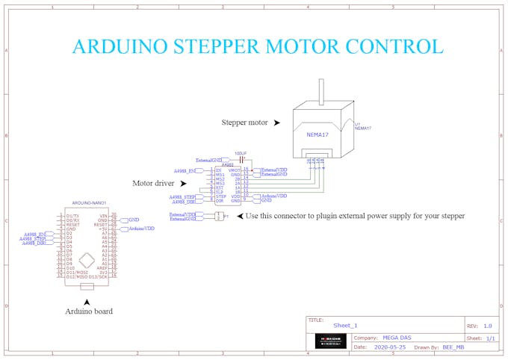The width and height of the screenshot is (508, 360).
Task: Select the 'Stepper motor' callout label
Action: [245, 122]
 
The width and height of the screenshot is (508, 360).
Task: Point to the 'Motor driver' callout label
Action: [154, 182]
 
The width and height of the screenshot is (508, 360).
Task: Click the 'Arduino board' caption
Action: [89, 311]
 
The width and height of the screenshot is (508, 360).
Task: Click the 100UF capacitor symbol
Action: [241, 158]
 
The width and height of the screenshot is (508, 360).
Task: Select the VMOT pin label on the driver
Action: [234, 170]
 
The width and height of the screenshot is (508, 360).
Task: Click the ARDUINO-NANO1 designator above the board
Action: [89, 203]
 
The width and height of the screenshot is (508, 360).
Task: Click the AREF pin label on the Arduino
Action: [105, 268]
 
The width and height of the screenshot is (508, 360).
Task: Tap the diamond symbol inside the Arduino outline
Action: [87, 259]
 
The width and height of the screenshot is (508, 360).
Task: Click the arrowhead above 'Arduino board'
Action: [87, 301]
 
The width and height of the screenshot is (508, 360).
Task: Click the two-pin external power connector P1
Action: [218, 217]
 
